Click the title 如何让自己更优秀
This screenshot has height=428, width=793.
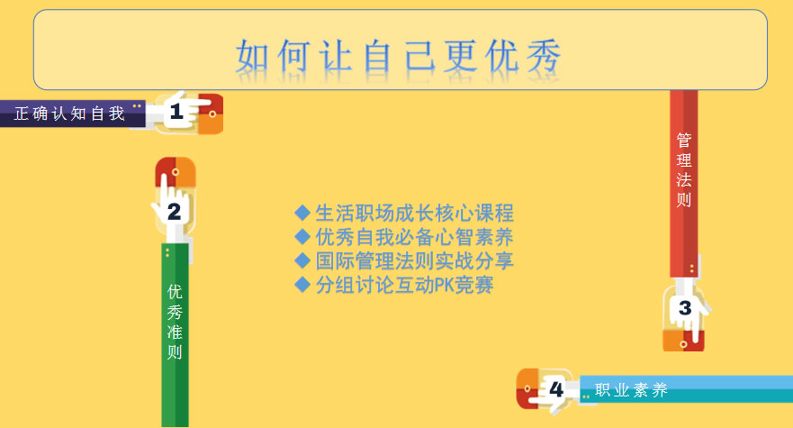[x=399, y=55]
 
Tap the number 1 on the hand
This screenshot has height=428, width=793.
[x=176, y=112]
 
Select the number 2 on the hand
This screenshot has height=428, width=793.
[x=174, y=212]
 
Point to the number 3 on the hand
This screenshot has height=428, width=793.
[x=685, y=307]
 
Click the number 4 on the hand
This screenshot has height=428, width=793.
[x=556, y=389]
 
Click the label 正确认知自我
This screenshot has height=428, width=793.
[x=69, y=114]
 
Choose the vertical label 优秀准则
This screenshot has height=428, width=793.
[x=175, y=322]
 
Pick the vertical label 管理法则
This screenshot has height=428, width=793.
[x=684, y=169]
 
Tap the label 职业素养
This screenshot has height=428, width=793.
[x=631, y=390]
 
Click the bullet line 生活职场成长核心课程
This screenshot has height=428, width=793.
[x=415, y=213]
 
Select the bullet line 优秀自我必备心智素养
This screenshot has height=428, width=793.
[x=415, y=237]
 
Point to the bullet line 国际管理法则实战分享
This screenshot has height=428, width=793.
[x=415, y=260]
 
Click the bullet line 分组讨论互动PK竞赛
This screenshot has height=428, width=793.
[x=404, y=285]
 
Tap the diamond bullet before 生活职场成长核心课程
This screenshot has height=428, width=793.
[x=302, y=213]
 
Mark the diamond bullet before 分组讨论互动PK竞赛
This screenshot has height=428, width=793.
[x=302, y=285]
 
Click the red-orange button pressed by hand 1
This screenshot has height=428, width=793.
[x=211, y=114]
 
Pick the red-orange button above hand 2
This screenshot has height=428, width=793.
[x=176, y=171]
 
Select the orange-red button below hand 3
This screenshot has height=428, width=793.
[x=683, y=341]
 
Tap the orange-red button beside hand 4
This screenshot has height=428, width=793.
[x=527, y=388]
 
